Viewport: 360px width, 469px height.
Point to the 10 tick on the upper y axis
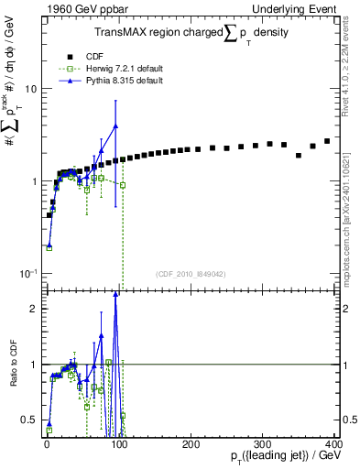(31, 89)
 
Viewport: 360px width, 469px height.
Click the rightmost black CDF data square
(327, 141)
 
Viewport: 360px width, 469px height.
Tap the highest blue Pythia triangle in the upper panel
(115, 126)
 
